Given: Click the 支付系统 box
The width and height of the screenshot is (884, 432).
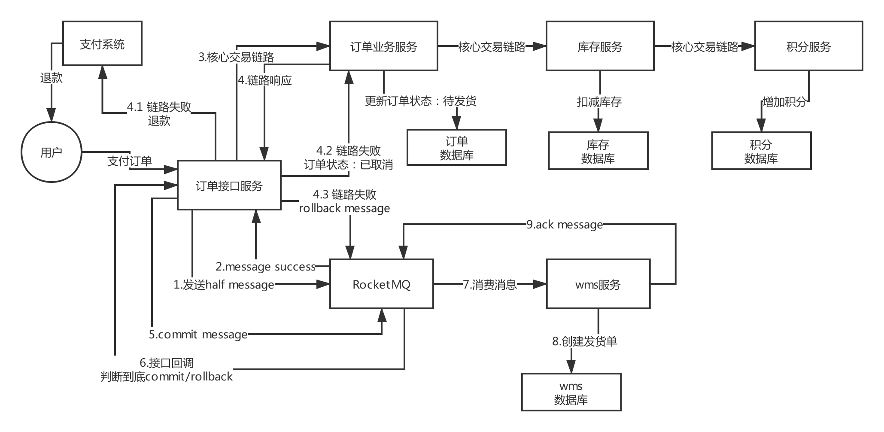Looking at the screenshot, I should pyautogui.click(x=102, y=44).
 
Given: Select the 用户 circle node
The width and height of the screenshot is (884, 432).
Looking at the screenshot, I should pyautogui.click(x=52, y=152).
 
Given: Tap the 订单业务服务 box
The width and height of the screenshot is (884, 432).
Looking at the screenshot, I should pyautogui.click(x=383, y=46).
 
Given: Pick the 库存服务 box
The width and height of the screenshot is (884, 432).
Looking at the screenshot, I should pyautogui.click(x=600, y=46).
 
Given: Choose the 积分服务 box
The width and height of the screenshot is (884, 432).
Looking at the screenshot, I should pyautogui.click(x=808, y=46).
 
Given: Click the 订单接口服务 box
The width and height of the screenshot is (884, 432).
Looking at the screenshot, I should pyautogui.click(x=229, y=186).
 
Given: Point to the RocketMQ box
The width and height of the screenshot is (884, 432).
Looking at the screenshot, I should pyautogui.click(x=381, y=284).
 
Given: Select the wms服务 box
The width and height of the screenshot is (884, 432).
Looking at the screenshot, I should pyautogui.click(x=598, y=284).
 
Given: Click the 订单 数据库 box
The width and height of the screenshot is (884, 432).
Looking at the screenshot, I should pyautogui.click(x=456, y=147).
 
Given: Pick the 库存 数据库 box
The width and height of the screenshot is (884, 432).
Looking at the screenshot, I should pyautogui.click(x=598, y=151).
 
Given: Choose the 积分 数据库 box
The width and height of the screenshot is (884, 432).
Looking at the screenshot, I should pyautogui.click(x=761, y=151).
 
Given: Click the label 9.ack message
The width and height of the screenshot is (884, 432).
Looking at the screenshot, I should pyautogui.click(x=565, y=225).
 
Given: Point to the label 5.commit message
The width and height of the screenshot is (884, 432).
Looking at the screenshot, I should pyautogui.click(x=198, y=334).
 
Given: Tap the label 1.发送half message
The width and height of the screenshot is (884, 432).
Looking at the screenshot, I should pyautogui.click(x=224, y=284).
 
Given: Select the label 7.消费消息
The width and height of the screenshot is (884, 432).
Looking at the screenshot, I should pyautogui.click(x=489, y=284).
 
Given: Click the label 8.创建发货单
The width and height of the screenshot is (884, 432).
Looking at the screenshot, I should pyautogui.click(x=585, y=341).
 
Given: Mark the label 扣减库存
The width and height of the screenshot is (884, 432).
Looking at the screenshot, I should pyautogui.click(x=599, y=102).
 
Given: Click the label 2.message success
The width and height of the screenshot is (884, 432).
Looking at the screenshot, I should pyautogui.click(x=265, y=267).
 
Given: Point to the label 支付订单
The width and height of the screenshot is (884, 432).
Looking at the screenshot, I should pyautogui.click(x=130, y=161).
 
